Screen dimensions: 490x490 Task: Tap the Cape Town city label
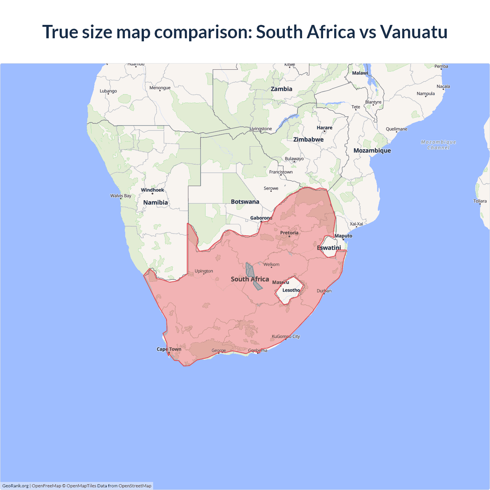tap(169, 349)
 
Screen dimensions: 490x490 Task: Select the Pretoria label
tap(289, 233)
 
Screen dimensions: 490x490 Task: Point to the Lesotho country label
tap(291, 290)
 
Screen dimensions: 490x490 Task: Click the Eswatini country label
tap(329, 248)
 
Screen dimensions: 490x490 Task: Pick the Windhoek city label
tap(152, 190)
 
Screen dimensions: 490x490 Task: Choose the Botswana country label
tap(245, 202)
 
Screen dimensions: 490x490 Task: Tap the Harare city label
tap(325, 127)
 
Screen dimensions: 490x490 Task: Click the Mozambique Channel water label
tap(438, 145)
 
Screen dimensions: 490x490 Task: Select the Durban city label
tap(324, 291)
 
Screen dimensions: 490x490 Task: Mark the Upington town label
tap(204, 271)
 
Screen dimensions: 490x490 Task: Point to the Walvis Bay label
tap(121, 196)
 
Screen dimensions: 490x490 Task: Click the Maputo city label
tap(343, 236)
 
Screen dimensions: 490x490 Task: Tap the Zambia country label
tap(281, 89)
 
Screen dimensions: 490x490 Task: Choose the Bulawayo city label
tap(294, 158)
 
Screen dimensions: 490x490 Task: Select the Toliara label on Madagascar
tap(480, 201)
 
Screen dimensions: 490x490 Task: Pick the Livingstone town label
tap(261, 129)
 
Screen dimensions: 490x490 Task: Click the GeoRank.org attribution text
tap(15, 486)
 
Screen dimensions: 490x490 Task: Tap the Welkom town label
tap(271, 265)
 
